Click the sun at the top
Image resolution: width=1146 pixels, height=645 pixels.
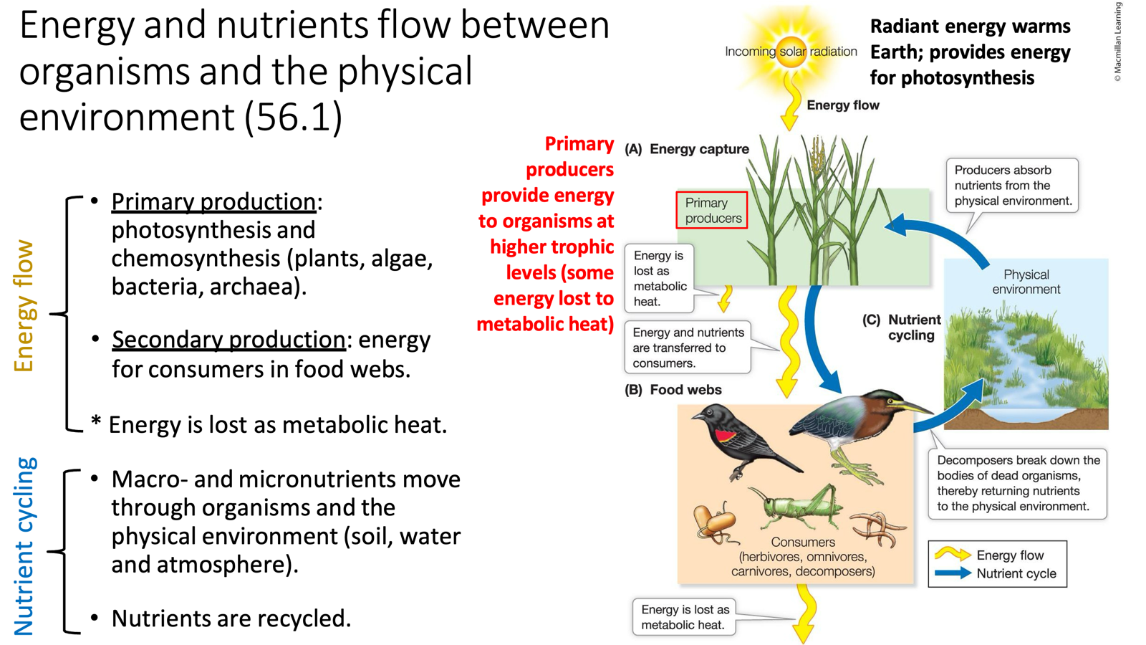[x=791, y=50]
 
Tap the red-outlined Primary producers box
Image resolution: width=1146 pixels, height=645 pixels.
[x=712, y=210]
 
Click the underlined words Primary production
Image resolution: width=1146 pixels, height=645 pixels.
[x=213, y=201]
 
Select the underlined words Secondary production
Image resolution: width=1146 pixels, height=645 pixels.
[x=228, y=339]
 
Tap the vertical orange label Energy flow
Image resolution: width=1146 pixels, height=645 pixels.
[x=24, y=306]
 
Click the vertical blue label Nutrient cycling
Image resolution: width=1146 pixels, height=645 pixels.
[x=24, y=546]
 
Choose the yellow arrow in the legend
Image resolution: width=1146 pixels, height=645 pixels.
[x=952, y=555]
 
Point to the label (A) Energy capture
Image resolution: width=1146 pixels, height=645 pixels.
[x=687, y=149]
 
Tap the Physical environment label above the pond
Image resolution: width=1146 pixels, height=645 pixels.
[x=1026, y=282]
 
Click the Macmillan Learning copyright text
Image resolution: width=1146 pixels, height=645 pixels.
[x=1117, y=42]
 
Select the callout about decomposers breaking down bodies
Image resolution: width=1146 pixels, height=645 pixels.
[x=1017, y=483]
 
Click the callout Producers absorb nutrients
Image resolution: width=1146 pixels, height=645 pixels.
[x=1012, y=186]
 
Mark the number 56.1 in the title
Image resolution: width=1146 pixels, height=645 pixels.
[x=293, y=117]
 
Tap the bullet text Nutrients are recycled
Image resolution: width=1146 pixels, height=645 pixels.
[x=231, y=618]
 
